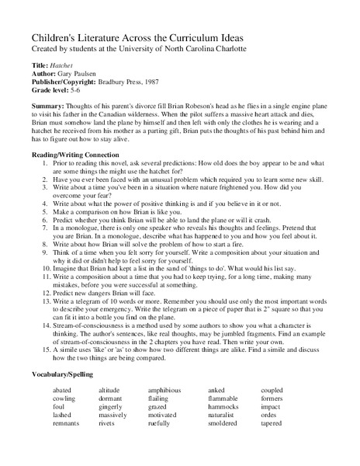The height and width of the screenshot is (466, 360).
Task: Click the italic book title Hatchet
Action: coord(61,66)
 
